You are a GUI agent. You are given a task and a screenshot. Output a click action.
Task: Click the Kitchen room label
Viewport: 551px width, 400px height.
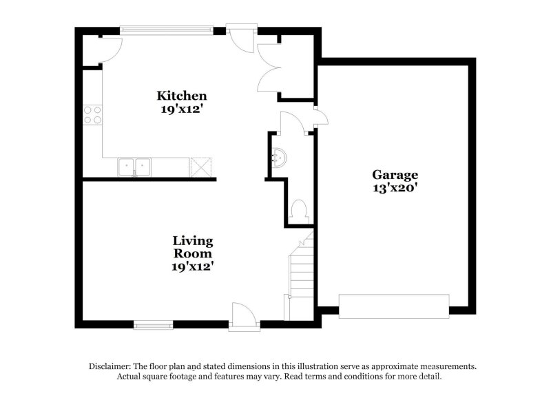pyautogui.click(x=182, y=95)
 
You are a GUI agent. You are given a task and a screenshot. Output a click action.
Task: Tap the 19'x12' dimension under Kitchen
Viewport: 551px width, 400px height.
pyautogui.click(x=182, y=109)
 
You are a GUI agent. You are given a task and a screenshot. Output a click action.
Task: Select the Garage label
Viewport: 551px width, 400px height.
pyautogui.click(x=395, y=174)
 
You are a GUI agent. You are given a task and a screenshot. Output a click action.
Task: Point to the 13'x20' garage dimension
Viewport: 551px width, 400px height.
pyautogui.click(x=395, y=187)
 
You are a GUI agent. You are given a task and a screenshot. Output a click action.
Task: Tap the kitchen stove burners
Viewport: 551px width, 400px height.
pyautogui.click(x=92, y=115)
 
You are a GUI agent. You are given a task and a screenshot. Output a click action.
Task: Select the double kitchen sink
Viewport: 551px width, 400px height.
pyautogui.click(x=134, y=167)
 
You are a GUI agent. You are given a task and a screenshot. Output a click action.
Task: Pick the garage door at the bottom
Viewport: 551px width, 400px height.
pyautogui.click(x=394, y=306)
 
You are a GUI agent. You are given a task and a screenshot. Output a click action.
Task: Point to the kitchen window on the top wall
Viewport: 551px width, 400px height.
pyautogui.click(x=166, y=30)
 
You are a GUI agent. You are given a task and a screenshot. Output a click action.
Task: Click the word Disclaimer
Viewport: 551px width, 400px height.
pyautogui.click(x=111, y=366)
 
